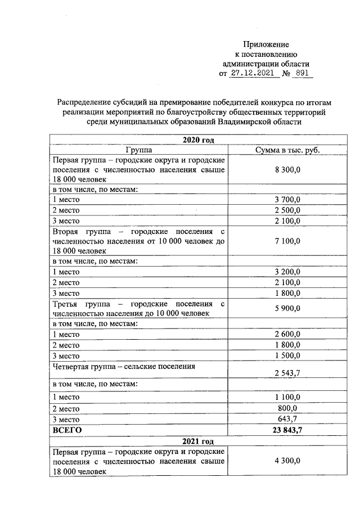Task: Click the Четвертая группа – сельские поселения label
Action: [124, 366]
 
